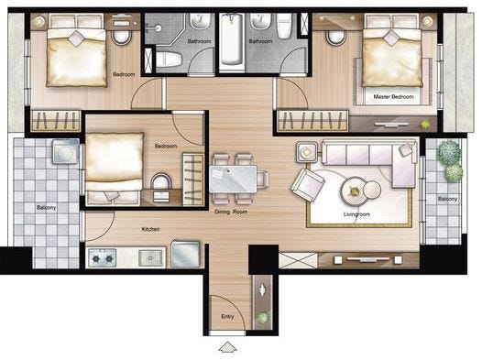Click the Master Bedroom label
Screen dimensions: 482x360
coord(393,96)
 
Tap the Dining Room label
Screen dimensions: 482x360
coord(231,212)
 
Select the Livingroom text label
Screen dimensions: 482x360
coord(356,214)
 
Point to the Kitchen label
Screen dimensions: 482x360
coord(150,229)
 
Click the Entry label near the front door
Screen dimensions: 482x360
coord(227,316)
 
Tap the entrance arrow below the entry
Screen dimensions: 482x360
coord(228,347)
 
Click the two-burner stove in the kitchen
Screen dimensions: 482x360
coord(103,258)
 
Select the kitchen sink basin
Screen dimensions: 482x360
coord(150,258)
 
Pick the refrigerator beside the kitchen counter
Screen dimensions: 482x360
coord(185,254)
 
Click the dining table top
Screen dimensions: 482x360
coord(233,179)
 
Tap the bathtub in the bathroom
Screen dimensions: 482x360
coord(232,39)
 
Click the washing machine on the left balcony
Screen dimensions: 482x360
coord(65,151)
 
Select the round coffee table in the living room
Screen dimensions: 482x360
coord(355,191)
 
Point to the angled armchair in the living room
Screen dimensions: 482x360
coord(308,185)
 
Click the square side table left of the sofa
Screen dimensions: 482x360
coord(307,152)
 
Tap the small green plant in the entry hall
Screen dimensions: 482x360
coord(262,318)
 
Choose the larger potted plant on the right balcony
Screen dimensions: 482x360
coord(449,151)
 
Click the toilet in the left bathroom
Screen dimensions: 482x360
coord(169,60)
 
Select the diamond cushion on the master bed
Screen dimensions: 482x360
coord(391,38)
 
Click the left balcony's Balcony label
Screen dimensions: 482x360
coord(46,208)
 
